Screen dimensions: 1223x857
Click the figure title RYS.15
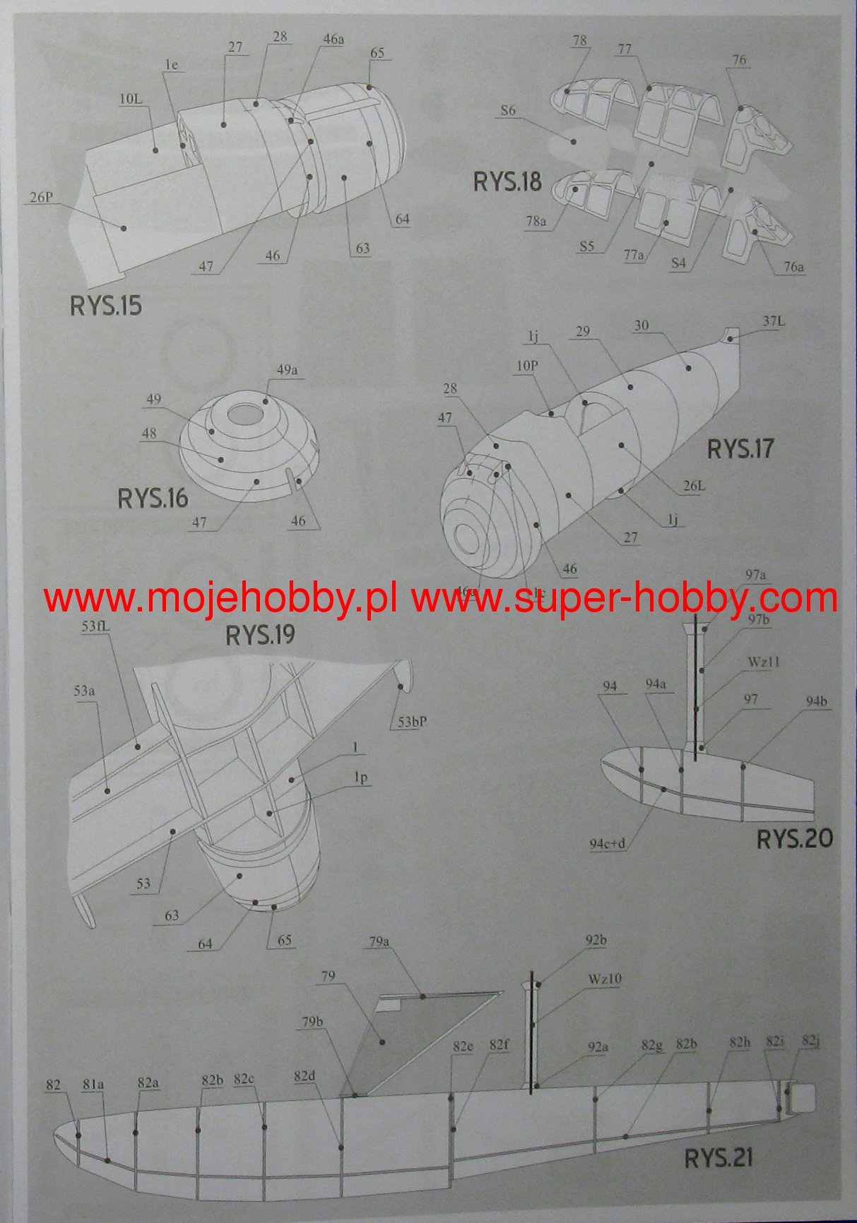pyautogui.click(x=106, y=306)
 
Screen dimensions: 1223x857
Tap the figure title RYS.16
pyautogui.click(x=153, y=498)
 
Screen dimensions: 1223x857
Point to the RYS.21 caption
pyautogui.click(x=718, y=1157)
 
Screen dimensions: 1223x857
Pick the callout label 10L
pyautogui.click(x=130, y=100)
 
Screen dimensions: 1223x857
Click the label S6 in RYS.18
pyautogui.click(x=508, y=110)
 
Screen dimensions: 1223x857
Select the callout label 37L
pyautogui.click(x=774, y=321)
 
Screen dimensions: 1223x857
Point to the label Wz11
pyautogui.click(x=763, y=662)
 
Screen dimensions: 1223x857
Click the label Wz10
pyautogui.click(x=604, y=979)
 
